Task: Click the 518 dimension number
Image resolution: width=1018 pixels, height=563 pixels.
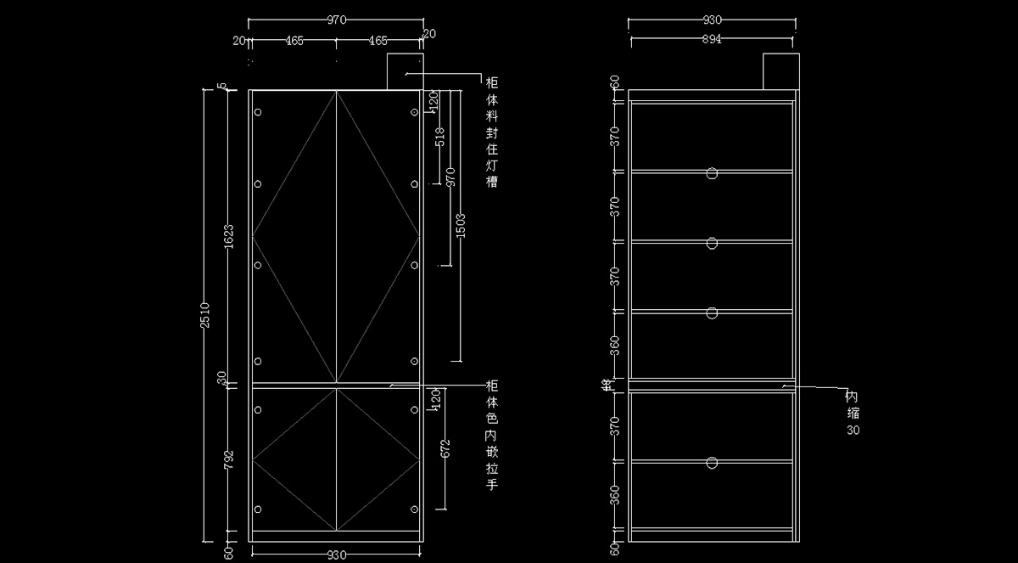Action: [x=439, y=136]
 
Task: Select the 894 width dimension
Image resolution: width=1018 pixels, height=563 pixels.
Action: [x=711, y=40]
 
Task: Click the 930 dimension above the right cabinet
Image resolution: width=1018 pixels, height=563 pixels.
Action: [x=711, y=20]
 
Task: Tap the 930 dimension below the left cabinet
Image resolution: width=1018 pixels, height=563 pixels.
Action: [x=336, y=555]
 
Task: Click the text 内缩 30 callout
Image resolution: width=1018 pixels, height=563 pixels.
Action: [x=853, y=414]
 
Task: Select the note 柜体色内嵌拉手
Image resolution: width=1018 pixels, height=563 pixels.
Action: [x=491, y=434]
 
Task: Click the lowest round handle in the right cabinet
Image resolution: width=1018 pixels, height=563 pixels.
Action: [x=712, y=463]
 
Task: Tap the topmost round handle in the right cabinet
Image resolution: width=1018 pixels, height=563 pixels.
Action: [x=712, y=173]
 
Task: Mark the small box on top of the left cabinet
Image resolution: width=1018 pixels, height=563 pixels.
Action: [x=405, y=71]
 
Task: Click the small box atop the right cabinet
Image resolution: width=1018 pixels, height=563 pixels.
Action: [x=780, y=70]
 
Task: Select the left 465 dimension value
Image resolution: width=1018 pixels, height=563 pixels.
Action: [x=294, y=40]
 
